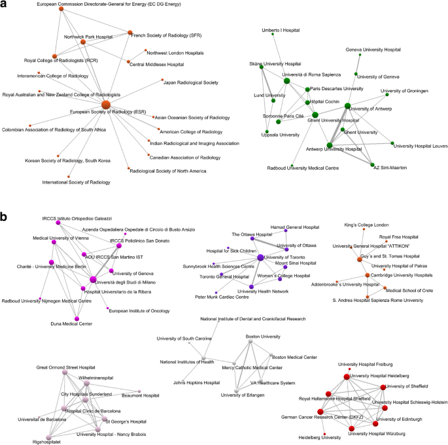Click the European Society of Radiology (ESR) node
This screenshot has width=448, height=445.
107,104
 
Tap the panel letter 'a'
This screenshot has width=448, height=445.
5,7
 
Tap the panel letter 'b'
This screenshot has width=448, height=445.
5,215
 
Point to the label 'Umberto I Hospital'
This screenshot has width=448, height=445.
281,31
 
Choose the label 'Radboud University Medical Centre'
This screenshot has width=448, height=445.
303,169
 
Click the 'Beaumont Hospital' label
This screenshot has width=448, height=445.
143,395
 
